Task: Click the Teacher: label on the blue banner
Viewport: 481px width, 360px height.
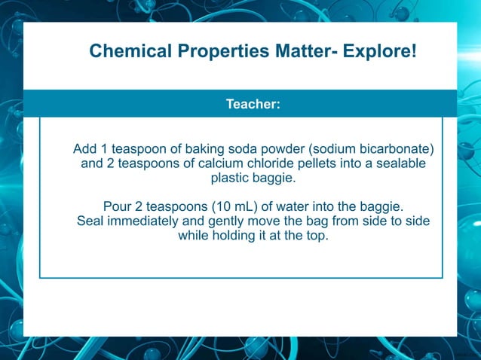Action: click(x=253, y=104)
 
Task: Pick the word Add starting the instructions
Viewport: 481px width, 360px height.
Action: click(x=85, y=148)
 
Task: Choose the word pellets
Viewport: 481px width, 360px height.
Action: click(x=322, y=163)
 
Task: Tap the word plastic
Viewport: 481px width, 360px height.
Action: click(x=232, y=179)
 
